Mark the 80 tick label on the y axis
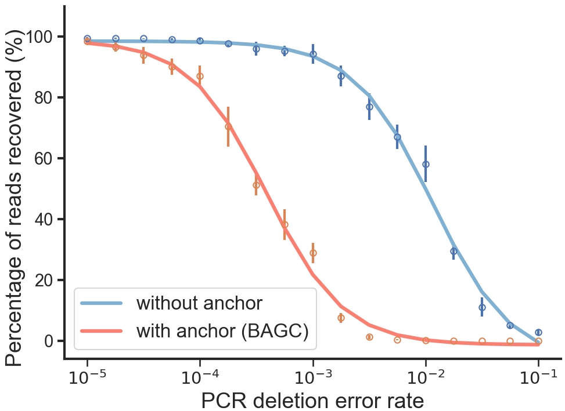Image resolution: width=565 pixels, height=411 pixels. click(45, 97)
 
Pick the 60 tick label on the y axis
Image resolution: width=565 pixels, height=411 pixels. click(45, 158)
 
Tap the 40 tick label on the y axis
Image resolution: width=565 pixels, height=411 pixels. click(45, 219)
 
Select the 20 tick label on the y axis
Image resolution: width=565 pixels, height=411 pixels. click(45, 280)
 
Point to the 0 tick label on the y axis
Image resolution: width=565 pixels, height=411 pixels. click(51, 341)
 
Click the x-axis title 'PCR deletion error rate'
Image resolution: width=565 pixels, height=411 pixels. click(312, 400)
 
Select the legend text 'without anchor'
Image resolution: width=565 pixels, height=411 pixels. click(199, 303)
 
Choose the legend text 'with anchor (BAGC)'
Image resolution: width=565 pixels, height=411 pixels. click(222, 330)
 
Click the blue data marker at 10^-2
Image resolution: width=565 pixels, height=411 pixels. click(426, 164)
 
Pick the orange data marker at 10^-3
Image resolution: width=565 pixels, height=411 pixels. click(313, 253)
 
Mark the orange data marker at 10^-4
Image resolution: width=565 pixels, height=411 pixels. click(200, 76)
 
